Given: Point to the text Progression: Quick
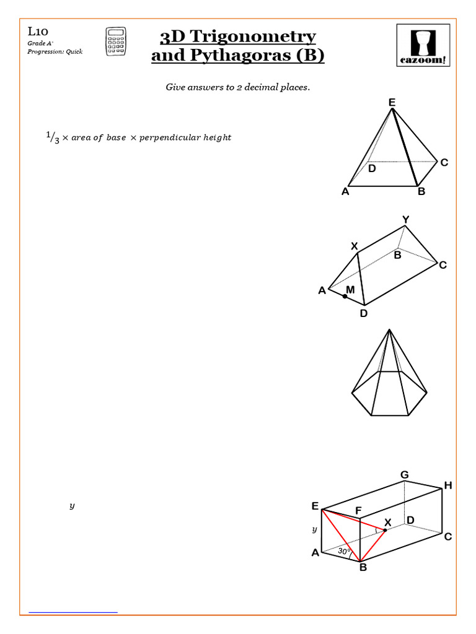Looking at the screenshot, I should (x=55, y=51).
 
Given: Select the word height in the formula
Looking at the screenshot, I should (x=218, y=137).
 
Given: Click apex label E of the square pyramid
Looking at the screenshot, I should (x=392, y=102).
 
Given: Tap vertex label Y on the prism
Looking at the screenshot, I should (x=405, y=220).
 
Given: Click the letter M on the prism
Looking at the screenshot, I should (x=350, y=290).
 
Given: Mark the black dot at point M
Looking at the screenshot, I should (x=345, y=297).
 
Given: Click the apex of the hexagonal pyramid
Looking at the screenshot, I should (x=389, y=331).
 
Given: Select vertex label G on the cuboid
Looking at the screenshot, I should (x=404, y=475).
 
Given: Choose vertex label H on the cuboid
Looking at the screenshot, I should (x=447, y=486).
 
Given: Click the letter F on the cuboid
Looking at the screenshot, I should (x=358, y=511).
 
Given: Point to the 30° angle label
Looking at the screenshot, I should (x=344, y=550).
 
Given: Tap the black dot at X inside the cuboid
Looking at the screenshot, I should (x=384, y=531).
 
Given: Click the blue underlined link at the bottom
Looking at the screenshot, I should (x=73, y=612).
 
